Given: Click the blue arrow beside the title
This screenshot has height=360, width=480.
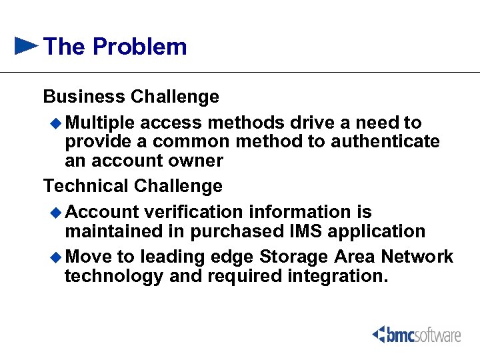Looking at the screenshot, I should click(x=26, y=46).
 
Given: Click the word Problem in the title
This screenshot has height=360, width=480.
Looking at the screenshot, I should click(x=140, y=47).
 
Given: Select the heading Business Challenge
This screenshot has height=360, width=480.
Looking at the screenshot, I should click(x=131, y=97).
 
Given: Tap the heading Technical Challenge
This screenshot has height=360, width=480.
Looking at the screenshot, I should click(x=133, y=185).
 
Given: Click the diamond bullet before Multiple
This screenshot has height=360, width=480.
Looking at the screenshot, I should click(x=56, y=123).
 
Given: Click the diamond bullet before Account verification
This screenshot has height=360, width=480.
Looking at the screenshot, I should click(x=56, y=212).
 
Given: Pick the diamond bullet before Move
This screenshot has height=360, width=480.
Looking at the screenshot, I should click(x=56, y=257).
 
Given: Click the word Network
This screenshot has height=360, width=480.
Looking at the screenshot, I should click(x=417, y=257).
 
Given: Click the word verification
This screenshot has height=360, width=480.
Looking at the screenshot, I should click(x=193, y=212).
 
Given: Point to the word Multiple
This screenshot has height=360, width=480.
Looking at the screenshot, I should click(x=100, y=123).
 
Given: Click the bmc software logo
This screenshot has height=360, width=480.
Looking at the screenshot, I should click(x=417, y=335).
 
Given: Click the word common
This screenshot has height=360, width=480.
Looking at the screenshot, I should click(x=188, y=142).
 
